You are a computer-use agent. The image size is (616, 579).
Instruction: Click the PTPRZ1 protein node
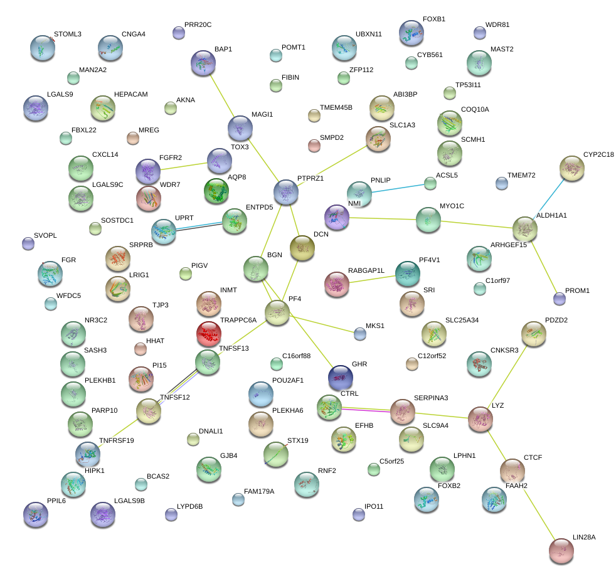[x=285, y=192]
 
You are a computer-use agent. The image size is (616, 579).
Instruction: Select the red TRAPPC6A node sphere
[x=209, y=335]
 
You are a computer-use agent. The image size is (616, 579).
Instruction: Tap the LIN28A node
[x=561, y=550]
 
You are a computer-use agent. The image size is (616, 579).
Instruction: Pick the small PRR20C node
[x=178, y=33]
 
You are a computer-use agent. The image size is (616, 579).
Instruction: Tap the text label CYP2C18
[x=598, y=154]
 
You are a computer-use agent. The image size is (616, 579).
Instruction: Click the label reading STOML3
[x=67, y=34]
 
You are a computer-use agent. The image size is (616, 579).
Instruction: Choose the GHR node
[x=341, y=378]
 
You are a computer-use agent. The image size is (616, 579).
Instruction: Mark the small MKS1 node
[x=359, y=334]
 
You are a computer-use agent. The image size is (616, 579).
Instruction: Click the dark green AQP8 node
[x=217, y=191]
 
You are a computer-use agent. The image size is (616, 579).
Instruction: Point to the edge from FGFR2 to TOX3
[x=183, y=166]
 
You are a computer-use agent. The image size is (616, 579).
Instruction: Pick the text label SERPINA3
[x=430, y=398]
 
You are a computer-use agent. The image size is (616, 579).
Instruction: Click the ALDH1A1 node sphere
[x=525, y=230]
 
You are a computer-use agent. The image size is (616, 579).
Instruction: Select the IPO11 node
[x=358, y=514]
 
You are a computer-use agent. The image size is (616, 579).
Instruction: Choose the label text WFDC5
[x=68, y=295]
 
